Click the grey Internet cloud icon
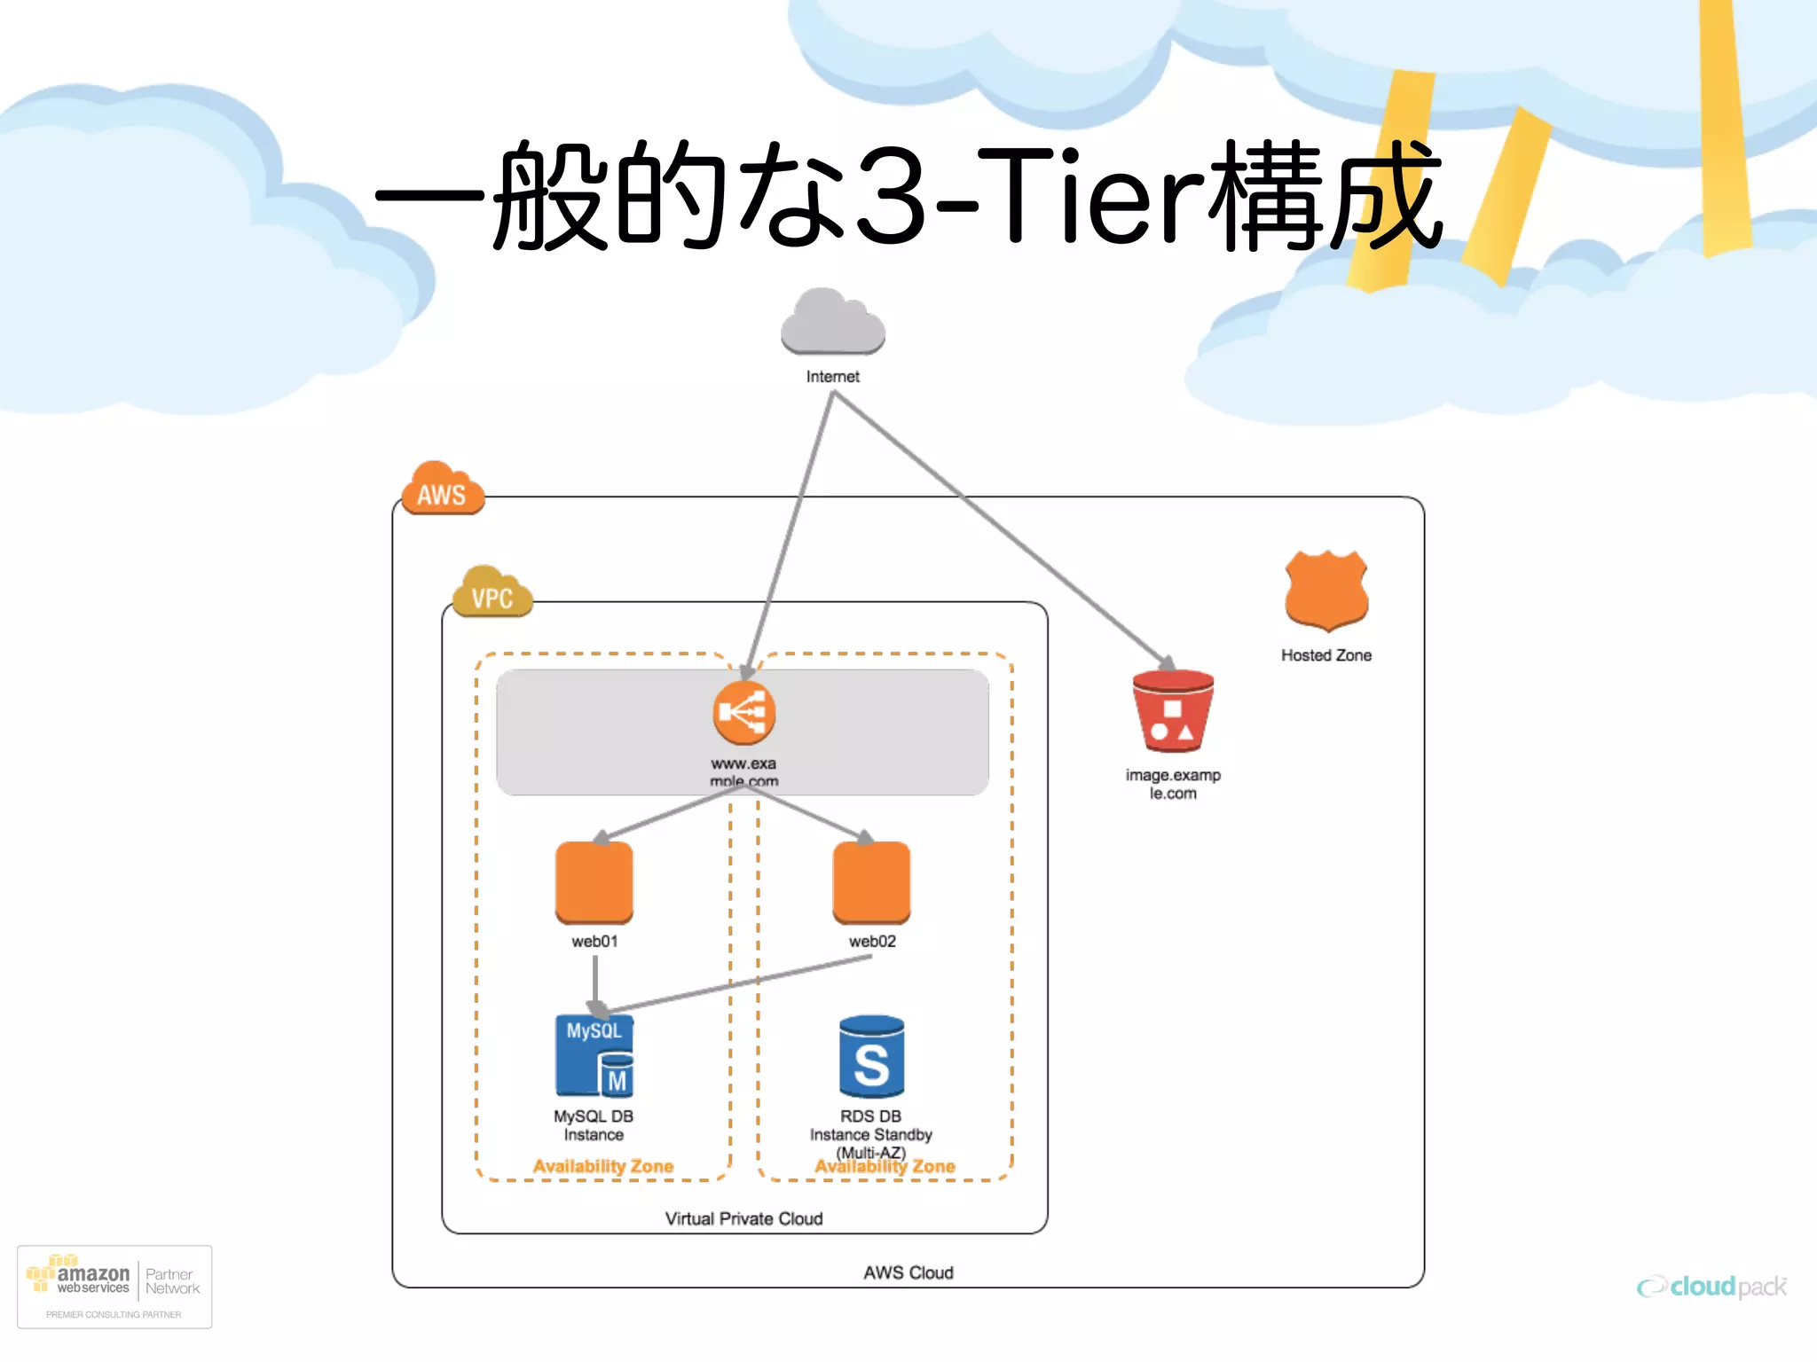tap(832, 325)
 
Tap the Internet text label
tap(832, 377)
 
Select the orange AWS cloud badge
tap(442, 489)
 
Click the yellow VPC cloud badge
tap(492, 593)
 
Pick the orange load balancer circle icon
tap(743, 713)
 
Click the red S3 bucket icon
tap(1173, 711)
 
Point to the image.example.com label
tap(1173, 784)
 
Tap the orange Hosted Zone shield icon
tap(1326, 591)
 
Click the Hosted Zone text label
tap(1326, 655)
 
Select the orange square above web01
tap(594, 882)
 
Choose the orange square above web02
tap(871, 882)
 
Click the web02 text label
tap(872, 942)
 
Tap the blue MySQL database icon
tap(594, 1056)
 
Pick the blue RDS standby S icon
tap(871, 1057)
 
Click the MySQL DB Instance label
tap(594, 1125)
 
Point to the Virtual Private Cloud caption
tap(743, 1219)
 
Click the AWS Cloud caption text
tap(908, 1273)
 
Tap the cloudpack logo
tap(1712, 1287)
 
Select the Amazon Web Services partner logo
tap(114, 1287)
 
